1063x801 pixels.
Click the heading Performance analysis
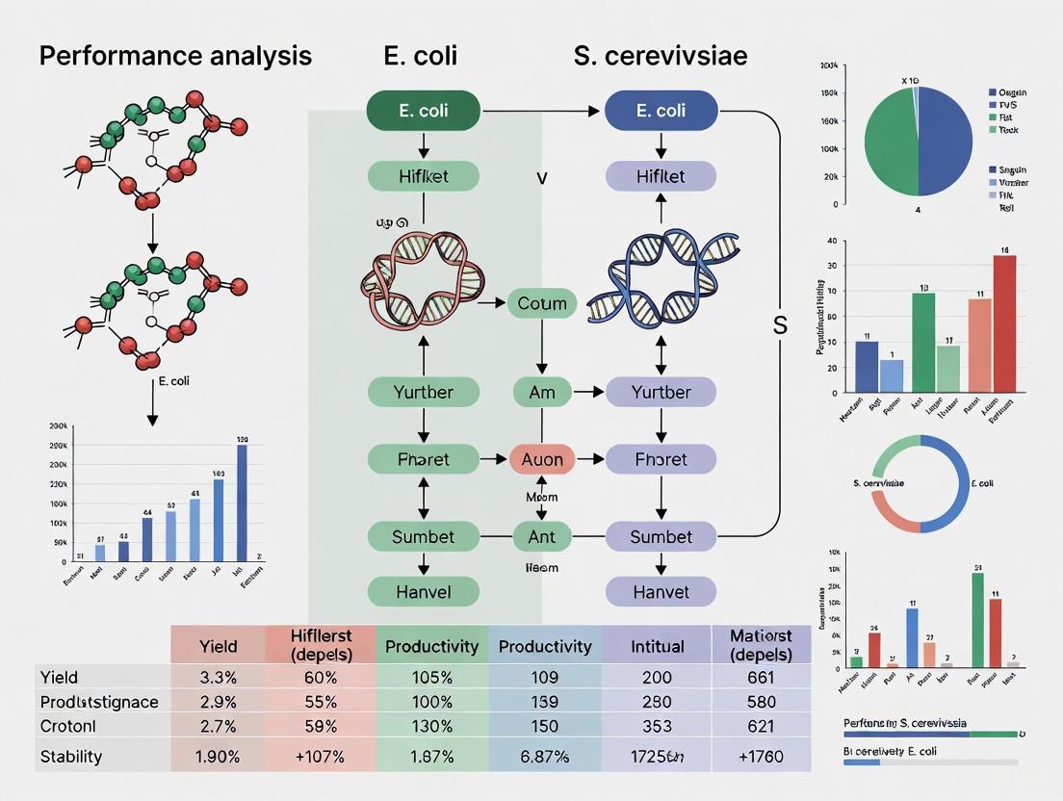[175, 56]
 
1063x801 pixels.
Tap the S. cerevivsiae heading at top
[661, 56]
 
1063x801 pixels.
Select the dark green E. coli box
[423, 111]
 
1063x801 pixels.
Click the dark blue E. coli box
[661, 111]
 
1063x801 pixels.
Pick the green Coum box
[542, 303]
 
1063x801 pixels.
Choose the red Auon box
[542, 459]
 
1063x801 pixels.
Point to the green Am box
[542, 392]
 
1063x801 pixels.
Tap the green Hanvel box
[423, 591]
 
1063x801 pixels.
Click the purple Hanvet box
[661, 591]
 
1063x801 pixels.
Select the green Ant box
[542, 536]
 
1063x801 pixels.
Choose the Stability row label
[71, 756]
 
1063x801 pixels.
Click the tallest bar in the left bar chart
[242, 503]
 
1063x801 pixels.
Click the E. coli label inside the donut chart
[982, 482]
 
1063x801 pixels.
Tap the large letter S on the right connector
[780, 325]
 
